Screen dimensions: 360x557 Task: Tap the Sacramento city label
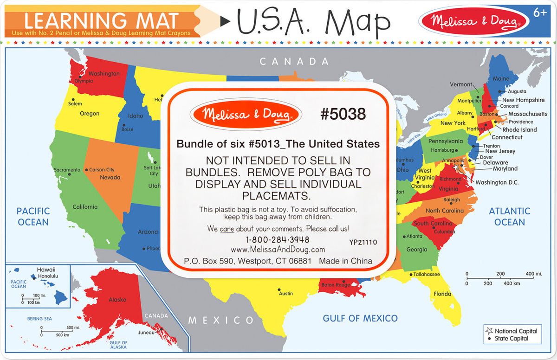pyautogui.click(x=67, y=170)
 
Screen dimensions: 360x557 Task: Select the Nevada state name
pyautogui.click(x=110, y=177)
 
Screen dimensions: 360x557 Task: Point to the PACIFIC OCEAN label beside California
pyautogui.click(x=33, y=217)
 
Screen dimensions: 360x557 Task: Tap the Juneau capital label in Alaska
pyautogui.click(x=146, y=332)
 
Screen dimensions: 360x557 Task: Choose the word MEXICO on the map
pyautogui.click(x=221, y=320)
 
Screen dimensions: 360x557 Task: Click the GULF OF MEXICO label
pyautogui.click(x=360, y=318)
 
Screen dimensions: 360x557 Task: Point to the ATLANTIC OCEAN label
pyautogui.click(x=509, y=217)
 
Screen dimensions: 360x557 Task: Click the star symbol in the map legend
pyautogui.click(x=489, y=331)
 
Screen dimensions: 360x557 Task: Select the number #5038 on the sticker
pyautogui.click(x=343, y=114)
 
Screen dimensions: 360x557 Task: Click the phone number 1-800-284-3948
pyautogui.click(x=278, y=240)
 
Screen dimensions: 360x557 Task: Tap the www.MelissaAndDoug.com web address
pyautogui.click(x=278, y=250)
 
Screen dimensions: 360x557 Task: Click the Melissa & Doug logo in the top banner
pyautogui.click(x=474, y=21)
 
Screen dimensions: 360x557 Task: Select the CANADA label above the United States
pyautogui.click(x=294, y=61)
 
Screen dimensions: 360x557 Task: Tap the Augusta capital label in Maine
pyautogui.click(x=517, y=91)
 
